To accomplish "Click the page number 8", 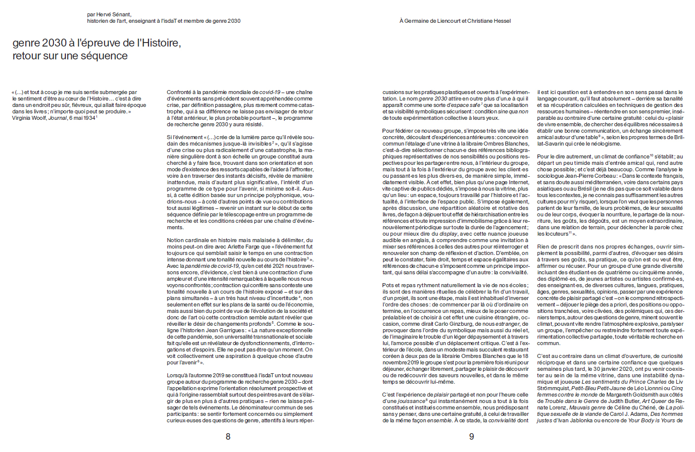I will [228, 437].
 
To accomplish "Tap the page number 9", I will [471, 437].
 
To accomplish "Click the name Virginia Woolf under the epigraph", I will [29, 118].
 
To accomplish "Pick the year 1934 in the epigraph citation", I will [89, 118].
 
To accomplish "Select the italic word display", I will [448, 234].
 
